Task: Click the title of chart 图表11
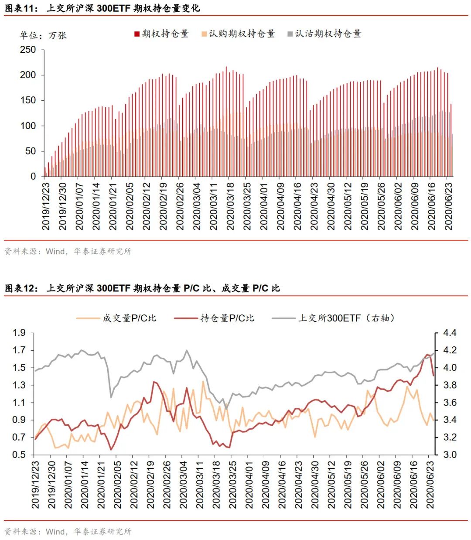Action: (x=102, y=8)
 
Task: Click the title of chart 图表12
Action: (x=142, y=288)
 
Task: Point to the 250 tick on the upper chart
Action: (x=28, y=50)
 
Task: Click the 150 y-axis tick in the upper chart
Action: (x=28, y=100)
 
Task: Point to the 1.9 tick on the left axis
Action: (x=19, y=333)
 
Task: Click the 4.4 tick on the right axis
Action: (x=450, y=333)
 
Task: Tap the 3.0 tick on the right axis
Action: (x=450, y=455)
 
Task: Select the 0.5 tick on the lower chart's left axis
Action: (x=19, y=455)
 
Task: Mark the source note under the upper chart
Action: (x=68, y=251)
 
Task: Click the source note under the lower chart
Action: (x=68, y=531)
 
